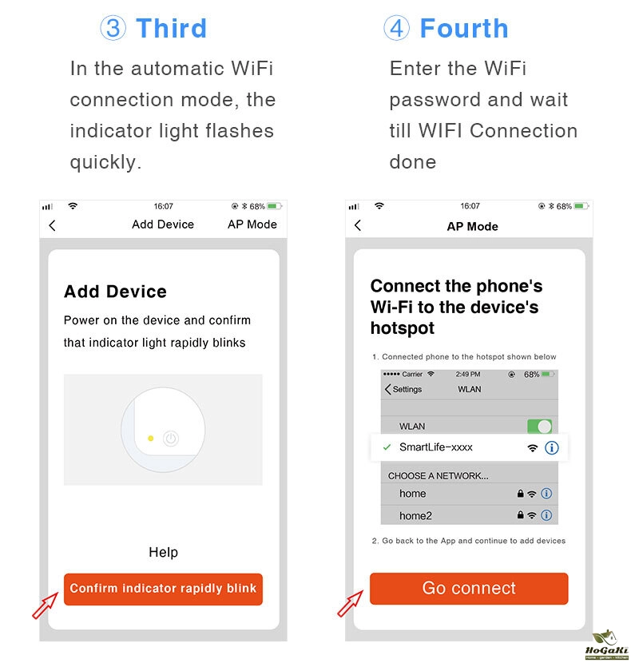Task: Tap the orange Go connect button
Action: tap(469, 589)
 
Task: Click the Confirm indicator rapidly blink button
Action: tap(163, 589)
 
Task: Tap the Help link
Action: tap(163, 552)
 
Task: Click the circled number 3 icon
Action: tap(113, 28)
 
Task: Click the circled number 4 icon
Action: tap(396, 28)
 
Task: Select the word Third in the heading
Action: tap(172, 28)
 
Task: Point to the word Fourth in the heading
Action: tap(464, 28)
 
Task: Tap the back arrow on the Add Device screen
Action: tap(52, 225)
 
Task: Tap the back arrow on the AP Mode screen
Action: tap(358, 225)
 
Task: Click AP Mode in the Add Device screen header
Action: tap(252, 224)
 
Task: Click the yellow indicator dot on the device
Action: tap(151, 439)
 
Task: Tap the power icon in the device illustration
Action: tap(171, 439)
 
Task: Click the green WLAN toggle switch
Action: tap(539, 427)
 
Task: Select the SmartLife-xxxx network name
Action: tap(436, 447)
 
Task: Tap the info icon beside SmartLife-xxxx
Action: tap(551, 447)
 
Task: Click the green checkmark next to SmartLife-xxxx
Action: tap(387, 447)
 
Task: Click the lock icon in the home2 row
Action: tap(520, 514)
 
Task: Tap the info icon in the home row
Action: tap(546, 494)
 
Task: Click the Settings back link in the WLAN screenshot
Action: tap(403, 389)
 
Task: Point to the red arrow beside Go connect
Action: tap(350, 604)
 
